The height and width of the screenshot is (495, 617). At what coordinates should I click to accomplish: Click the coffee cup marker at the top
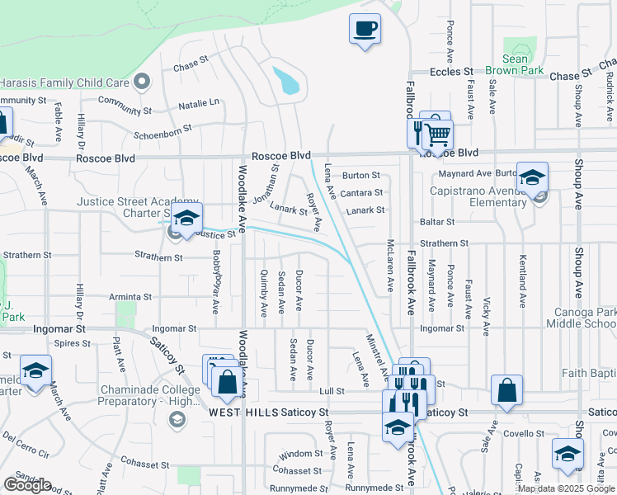click(365, 30)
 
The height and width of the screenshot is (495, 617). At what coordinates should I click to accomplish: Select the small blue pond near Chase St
click(286, 81)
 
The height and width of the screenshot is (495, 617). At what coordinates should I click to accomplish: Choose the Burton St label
click(360, 175)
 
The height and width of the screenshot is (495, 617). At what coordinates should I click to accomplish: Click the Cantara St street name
click(362, 193)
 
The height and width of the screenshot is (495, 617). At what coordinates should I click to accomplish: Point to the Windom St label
click(300, 454)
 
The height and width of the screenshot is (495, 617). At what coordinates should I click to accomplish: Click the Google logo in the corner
click(27, 485)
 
